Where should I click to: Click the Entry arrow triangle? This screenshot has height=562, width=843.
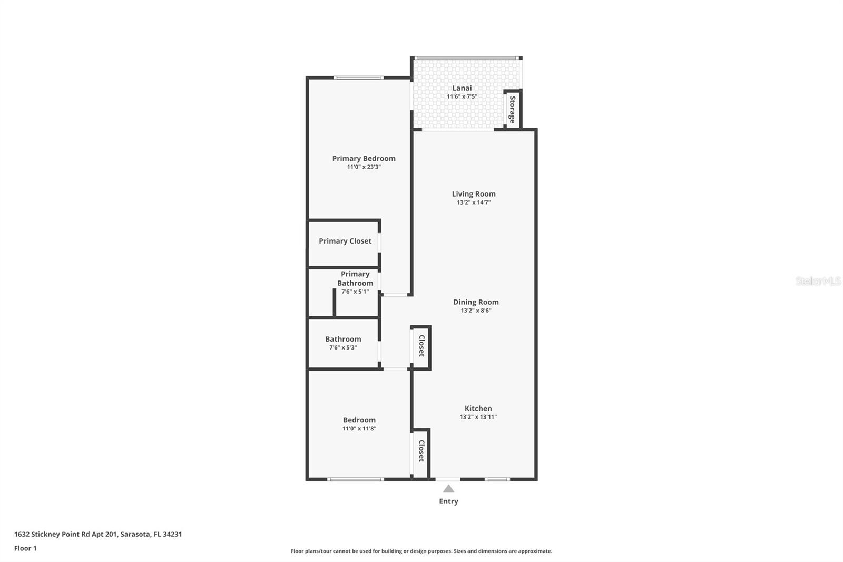tap(448, 489)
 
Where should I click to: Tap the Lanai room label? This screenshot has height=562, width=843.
tap(462, 88)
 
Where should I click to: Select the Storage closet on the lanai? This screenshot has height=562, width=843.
tap(512, 109)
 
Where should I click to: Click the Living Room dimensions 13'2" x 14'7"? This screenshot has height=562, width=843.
tap(474, 202)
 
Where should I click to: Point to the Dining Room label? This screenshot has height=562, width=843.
tap(476, 302)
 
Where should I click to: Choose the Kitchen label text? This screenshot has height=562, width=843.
tap(478, 409)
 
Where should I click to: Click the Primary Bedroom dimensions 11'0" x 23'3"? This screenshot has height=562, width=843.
tap(364, 167)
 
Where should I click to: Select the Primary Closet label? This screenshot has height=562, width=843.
tap(345, 241)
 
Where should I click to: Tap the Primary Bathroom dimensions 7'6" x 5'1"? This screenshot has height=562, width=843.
tap(355, 292)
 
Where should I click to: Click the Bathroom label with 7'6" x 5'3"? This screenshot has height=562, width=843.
tap(343, 340)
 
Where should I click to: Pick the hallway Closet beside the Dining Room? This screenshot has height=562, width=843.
tap(421, 346)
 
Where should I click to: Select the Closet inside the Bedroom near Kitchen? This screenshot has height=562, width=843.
tap(421, 451)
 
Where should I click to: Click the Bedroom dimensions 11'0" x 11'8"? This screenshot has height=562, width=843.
tap(359, 429)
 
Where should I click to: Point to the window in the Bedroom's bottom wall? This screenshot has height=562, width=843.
tap(355, 479)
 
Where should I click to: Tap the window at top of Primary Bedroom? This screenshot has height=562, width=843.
tap(358, 78)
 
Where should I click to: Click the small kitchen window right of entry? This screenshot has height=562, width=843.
tap(497, 479)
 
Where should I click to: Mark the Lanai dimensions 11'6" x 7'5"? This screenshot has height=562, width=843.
tap(462, 96)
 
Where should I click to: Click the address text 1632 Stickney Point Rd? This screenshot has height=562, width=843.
tap(98, 534)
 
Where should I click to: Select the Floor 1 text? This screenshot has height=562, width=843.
tap(25, 548)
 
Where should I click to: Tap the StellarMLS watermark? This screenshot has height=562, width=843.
tap(818, 281)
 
